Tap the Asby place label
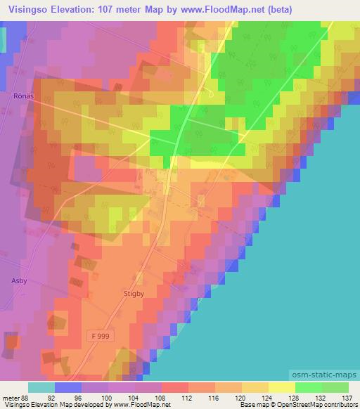pos(19,280)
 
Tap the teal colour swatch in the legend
pos(41,387)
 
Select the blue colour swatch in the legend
pos(68,387)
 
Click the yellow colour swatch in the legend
pos(281,387)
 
